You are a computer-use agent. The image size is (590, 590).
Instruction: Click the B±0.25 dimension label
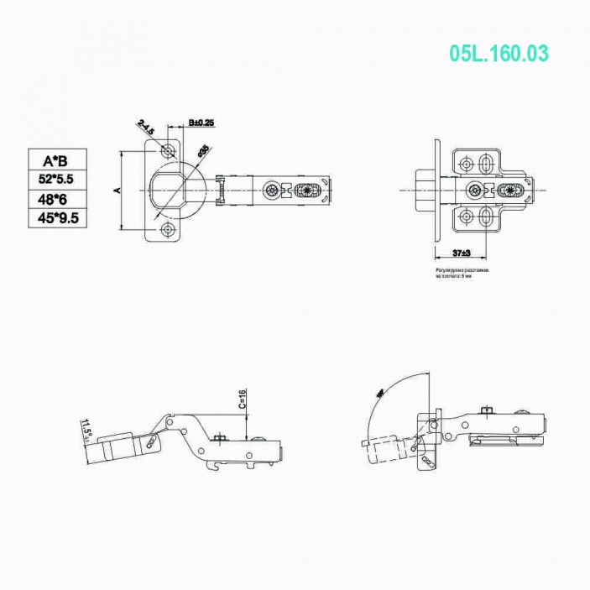201,123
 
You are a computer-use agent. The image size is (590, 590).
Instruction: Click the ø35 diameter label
203,151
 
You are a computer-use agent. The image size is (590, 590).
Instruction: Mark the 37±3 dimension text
459,253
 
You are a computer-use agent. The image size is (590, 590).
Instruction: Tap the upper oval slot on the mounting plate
486,162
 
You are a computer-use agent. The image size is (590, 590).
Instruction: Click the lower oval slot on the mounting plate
486,219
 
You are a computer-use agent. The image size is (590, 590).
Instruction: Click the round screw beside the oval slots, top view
477,191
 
